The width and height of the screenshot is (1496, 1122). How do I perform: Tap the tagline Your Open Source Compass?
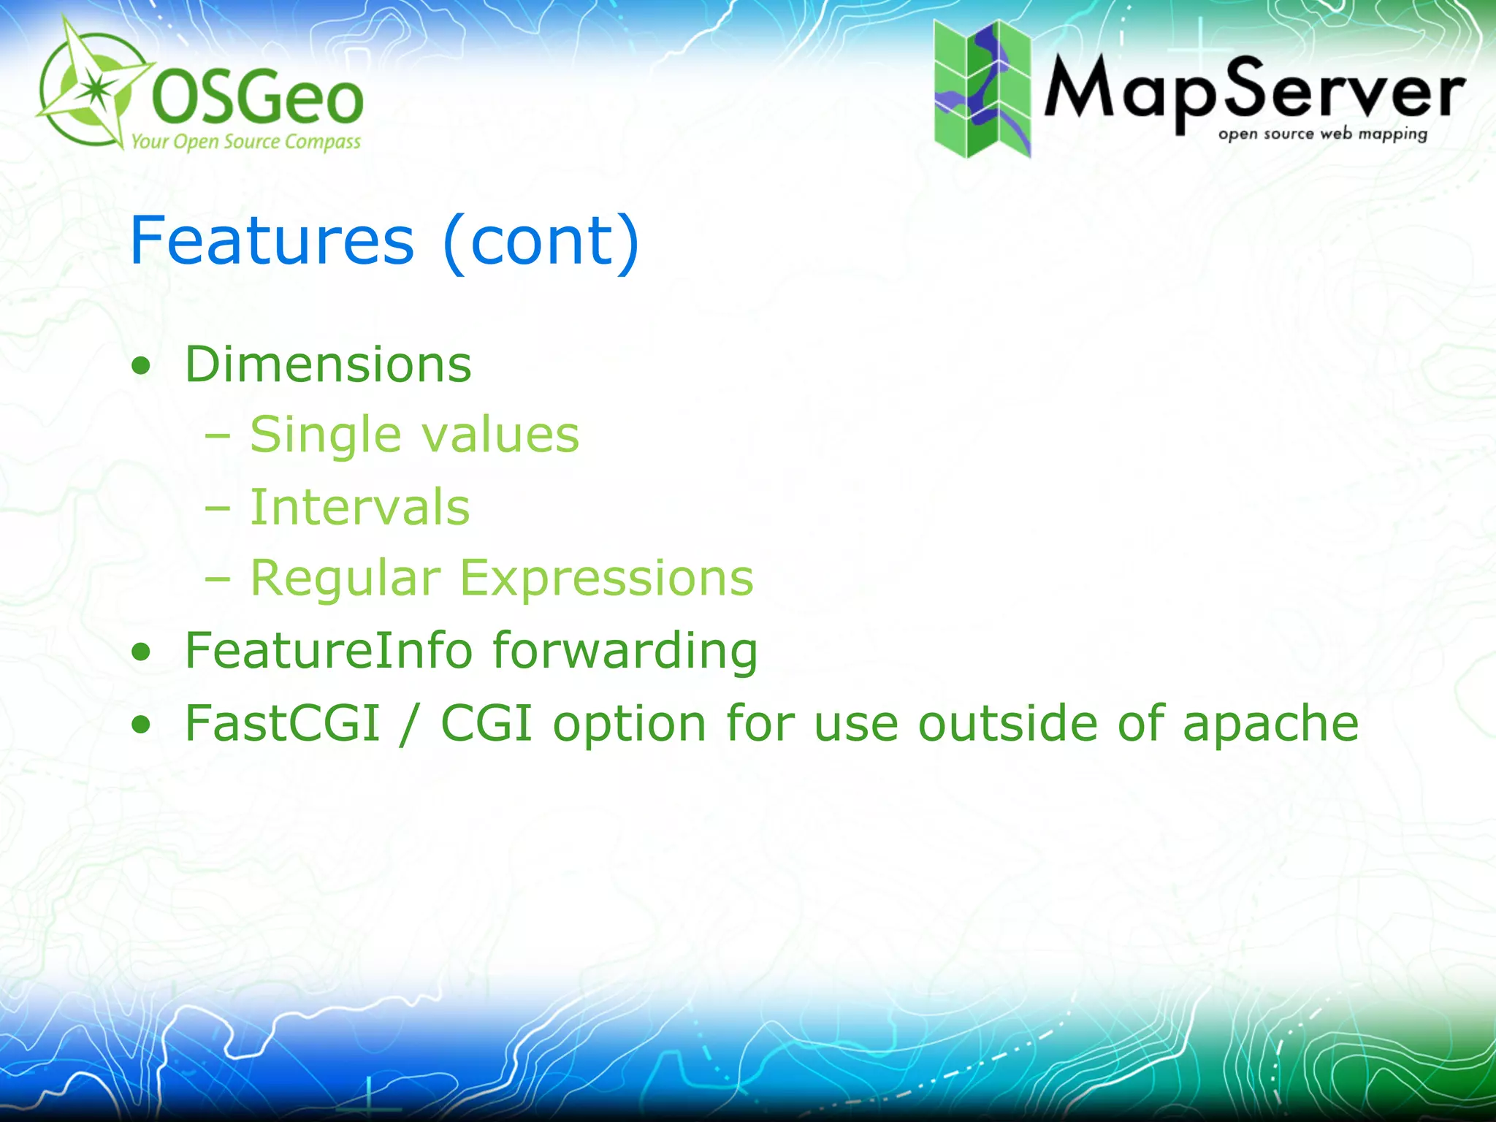coord(245,141)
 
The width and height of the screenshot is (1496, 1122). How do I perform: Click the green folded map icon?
coord(982,88)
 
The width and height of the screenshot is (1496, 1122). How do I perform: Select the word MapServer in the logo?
coord(1253,91)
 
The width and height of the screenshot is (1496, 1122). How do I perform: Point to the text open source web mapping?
coord(1322,134)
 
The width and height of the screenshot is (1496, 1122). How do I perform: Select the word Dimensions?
coord(328,365)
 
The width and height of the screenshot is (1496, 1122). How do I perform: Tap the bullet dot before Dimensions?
coord(141,367)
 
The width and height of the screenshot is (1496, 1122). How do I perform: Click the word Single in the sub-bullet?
coord(325,436)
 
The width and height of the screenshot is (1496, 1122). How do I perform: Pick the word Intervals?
coord(359,507)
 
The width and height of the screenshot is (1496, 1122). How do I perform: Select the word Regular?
coord(346,579)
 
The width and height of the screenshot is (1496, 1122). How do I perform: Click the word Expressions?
coord(606,579)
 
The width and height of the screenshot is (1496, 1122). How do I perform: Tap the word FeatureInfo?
coord(328,650)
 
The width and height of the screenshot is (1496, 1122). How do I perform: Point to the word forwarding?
coord(625,652)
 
